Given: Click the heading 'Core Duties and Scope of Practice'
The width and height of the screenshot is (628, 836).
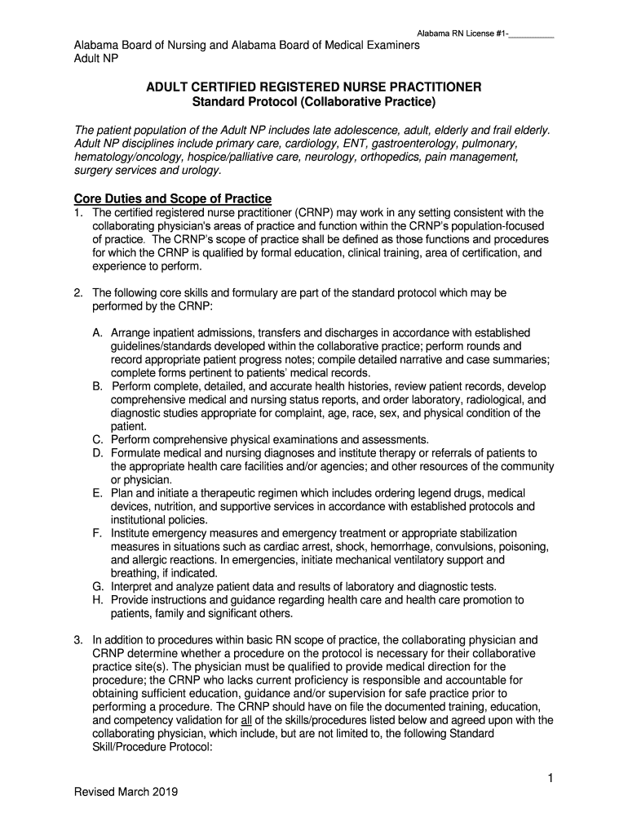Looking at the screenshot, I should [x=172, y=199].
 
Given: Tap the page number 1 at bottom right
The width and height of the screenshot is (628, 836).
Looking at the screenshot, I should [x=551, y=779].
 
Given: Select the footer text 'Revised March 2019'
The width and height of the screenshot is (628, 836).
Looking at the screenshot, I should [x=126, y=792].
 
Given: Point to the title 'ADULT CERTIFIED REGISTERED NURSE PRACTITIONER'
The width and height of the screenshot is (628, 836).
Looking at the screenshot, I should [x=314, y=87].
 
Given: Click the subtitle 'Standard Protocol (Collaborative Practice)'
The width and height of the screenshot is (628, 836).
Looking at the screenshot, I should [x=314, y=102].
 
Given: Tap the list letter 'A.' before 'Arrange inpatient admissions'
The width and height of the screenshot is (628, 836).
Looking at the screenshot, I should [x=97, y=333].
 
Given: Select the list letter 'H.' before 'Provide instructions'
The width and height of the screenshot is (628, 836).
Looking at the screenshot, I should [x=97, y=600].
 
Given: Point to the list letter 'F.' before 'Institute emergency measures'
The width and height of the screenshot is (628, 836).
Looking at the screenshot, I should [x=97, y=533].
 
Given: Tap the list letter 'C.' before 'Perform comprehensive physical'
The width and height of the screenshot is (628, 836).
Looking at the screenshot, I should [x=97, y=440].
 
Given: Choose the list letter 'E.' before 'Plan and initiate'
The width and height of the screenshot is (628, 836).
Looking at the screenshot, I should [x=97, y=493].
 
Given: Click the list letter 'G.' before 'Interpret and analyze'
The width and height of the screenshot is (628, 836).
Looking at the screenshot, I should [x=97, y=587].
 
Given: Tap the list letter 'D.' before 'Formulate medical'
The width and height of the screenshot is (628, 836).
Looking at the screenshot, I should [x=97, y=453].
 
